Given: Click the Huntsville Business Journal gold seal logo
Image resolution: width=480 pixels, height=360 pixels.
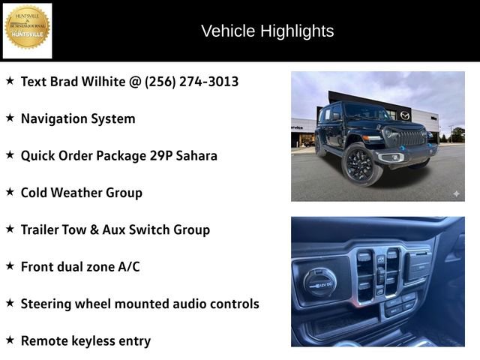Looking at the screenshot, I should tap(28, 28).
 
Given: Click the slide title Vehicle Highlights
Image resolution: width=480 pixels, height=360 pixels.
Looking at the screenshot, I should tap(267, 31).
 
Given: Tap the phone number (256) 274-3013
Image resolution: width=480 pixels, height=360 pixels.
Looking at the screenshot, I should tap(191, 81).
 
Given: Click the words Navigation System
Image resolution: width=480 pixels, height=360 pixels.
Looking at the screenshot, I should tap(78, 118).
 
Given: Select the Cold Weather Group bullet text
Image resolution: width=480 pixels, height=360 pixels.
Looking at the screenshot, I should tap(81, 193).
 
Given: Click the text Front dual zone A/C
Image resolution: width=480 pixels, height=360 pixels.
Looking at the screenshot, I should tap(80, 266).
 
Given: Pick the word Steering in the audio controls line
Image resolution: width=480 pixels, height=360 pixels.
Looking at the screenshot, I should tap(48, 304).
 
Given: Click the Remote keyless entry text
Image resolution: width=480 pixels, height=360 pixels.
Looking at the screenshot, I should tap(85, 340).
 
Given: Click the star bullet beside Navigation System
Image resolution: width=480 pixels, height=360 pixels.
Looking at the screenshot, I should tap(10, 118).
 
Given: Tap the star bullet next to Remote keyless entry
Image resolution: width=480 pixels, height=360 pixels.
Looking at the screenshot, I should tap(10, 340).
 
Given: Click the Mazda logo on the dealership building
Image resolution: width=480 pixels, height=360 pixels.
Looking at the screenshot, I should tap(405, 115).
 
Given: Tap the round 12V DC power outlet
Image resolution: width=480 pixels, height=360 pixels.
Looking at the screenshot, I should tap(319, 283).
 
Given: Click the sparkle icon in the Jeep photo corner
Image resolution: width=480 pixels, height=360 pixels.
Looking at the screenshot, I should tap(455, 193).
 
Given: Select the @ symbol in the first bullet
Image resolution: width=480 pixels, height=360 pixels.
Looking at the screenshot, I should tap(134, 81).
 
